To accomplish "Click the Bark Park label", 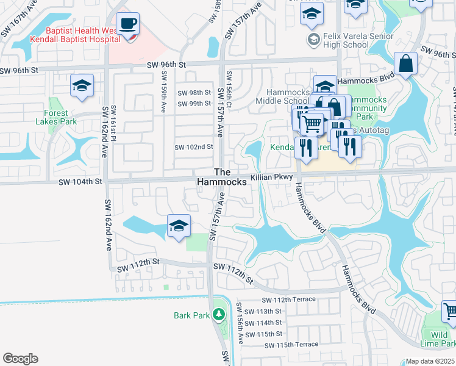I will pos(191,315).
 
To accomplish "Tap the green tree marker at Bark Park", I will pos(218,315).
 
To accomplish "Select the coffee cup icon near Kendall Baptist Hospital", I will pos(127,24).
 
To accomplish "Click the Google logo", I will pos(20,359).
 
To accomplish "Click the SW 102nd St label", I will pos(194,147).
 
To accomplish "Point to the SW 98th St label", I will pos(194,93).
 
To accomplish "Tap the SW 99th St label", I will pos(194,104).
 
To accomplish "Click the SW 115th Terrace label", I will pos(291,345).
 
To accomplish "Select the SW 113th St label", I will pos(265,310).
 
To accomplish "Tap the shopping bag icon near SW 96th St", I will pos(405,63).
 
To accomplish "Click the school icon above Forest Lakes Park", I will pos(81,86).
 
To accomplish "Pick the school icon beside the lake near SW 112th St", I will pos(178,226).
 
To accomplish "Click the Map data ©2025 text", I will pos(430,361).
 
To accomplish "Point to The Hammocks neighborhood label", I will pos(222,178).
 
